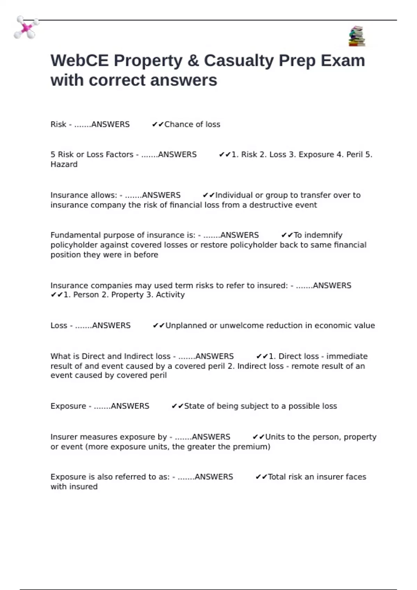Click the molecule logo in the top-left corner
26,27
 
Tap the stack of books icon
357,36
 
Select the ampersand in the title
193,61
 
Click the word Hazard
64,165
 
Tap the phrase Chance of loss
192,124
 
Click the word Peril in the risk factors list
354,154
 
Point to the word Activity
170,295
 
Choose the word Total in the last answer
277,477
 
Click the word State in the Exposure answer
194,406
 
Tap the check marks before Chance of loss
158,124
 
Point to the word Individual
234,195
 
